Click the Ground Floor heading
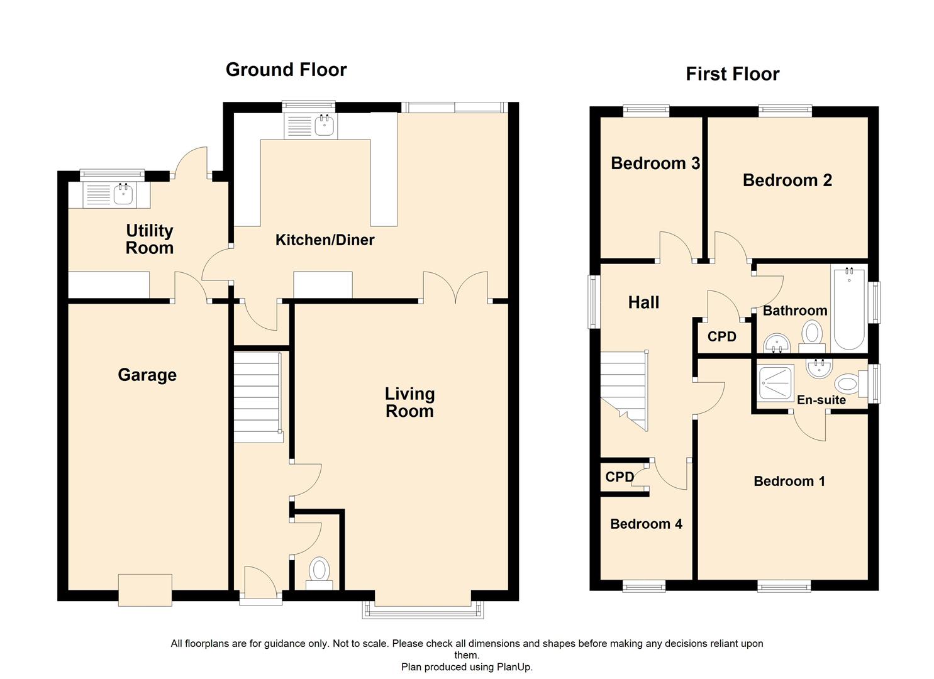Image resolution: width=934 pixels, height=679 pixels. pyautogui.click(x=286, y=70)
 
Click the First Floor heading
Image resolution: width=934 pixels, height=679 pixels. pyautogui.click(x=732, y=74)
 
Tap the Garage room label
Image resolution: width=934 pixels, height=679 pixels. pyautogui.click(x=147, y=375)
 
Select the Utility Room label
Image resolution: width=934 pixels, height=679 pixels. pyautogui.click(x=149, y=240)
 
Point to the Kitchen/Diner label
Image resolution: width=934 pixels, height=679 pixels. pyautogui.click(x=325, y=240)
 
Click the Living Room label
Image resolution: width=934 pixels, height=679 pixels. pyautogui.click(x=409, y=402)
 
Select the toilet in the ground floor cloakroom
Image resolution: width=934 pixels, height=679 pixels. pyautogui.click(x=320, y=571)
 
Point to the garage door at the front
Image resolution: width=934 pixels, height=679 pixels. pyautogui.click(x=145, y=590)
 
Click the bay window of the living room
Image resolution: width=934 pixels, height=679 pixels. pyautogui.click(x=423, y=610)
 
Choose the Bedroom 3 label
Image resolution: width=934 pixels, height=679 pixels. pyautogui.click(x=655, y=163)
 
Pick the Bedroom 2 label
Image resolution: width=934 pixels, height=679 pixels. pyautogui.click(x=787, y=180)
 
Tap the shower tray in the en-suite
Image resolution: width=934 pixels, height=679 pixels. pyautogui.click(x=776, y=382)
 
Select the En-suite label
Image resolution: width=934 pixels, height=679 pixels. pyautogui.click(x=821, y=400)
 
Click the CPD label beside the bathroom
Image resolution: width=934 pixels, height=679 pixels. pyautogui.click(x=721, y=337)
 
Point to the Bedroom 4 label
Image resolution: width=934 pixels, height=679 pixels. pyautogui.click(x=646, y=524)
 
